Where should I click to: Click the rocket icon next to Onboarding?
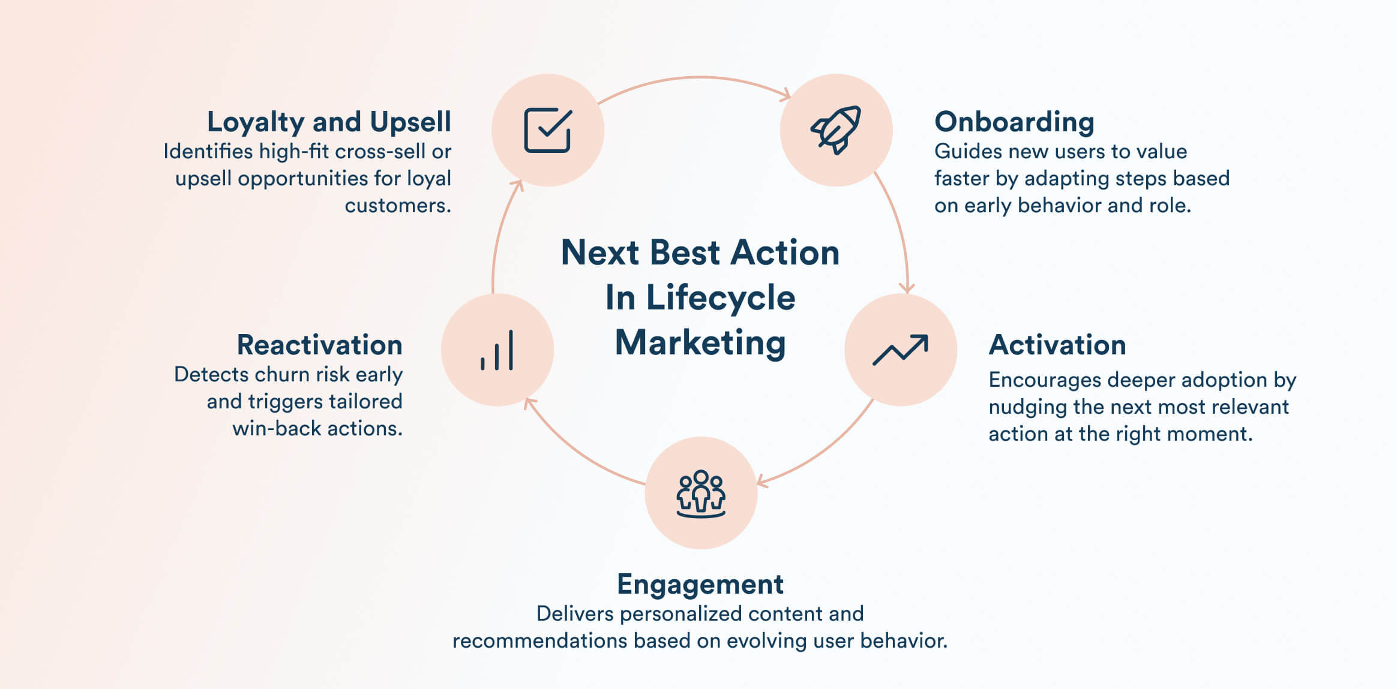click(x=836, y=130)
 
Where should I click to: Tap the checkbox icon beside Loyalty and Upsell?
click(x=547, y=130)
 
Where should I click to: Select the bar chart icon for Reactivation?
click(x=497, y=350)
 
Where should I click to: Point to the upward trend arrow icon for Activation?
click(x=900, y=350)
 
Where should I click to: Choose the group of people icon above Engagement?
click(x=700, y=494)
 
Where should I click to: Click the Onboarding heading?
click(x=1014, y=122)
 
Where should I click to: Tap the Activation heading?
click(x=1057, y=345)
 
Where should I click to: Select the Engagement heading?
click(x=700, y=584)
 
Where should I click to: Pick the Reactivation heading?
click(x=319, y=345)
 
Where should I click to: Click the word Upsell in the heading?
click(x=410, y=122)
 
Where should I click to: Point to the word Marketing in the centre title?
click(x=700, y=343)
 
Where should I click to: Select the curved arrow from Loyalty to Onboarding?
click(x=696, y=77)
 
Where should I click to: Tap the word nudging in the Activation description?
click(x=1027, y=407)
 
